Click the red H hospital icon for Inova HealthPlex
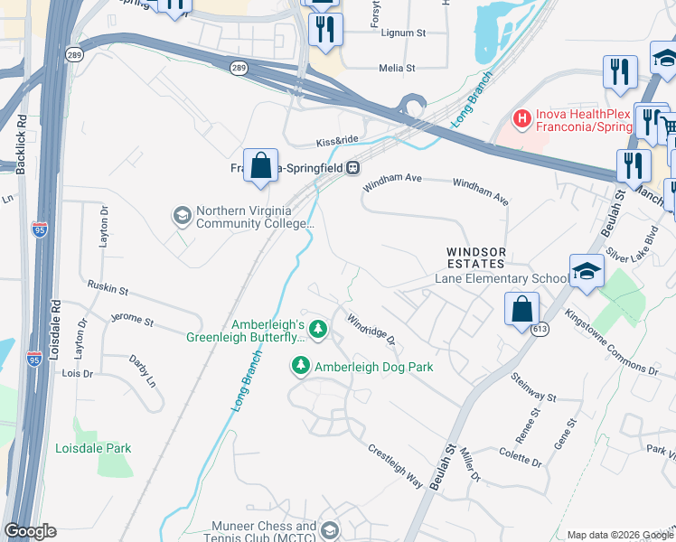pos(521,117)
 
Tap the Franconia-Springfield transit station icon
pos(355,167)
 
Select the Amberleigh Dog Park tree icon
pos(301,366)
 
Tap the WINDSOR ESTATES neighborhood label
pos(474,257)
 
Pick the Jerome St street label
pos(132,320)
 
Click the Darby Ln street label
pos(143,370)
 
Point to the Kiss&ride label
pos(338,142)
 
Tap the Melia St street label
pos(397,68)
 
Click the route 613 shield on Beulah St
pos(540,330)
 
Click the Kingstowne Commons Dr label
pos(611,342)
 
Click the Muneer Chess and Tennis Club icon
pos(330,530)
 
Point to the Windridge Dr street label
pos(371,330)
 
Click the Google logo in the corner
pos(30,530)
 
